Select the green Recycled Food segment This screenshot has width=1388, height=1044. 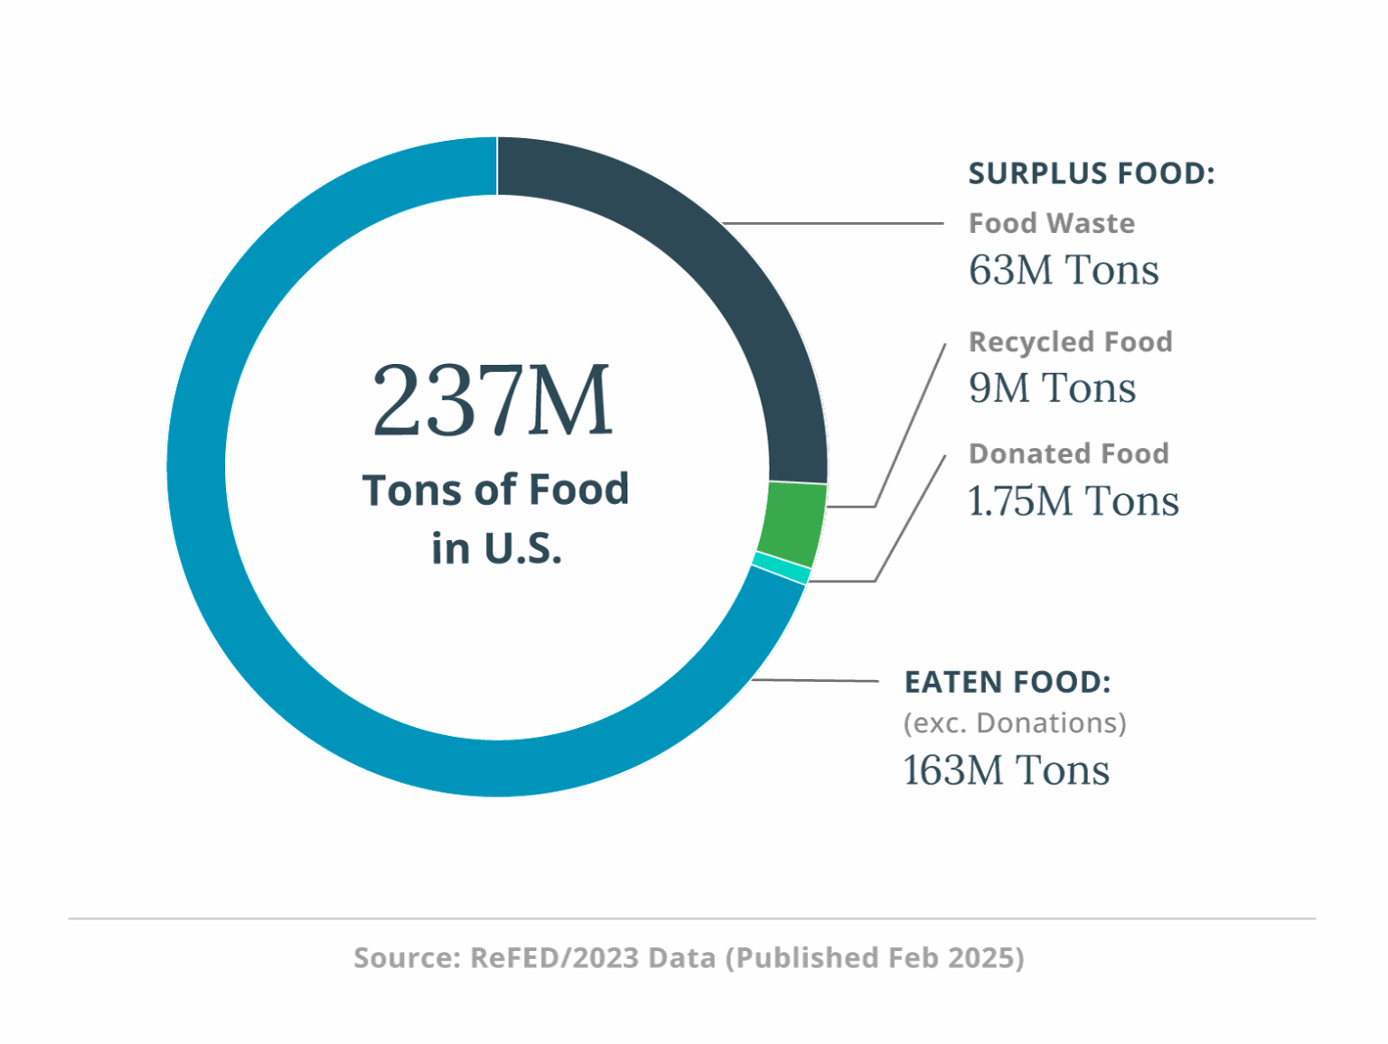tap(792, 524)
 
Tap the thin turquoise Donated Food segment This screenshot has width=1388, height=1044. tap(782, 569)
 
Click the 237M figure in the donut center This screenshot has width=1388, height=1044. tap(492, 400)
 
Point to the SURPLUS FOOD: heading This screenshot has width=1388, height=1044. tap(1091, 173)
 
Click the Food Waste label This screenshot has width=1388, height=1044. tap(1051, 223)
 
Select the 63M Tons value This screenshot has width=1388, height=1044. tap(1063, 270)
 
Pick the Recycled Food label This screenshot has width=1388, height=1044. tap(1070, 341)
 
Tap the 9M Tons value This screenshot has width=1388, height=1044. tap(1051, 388)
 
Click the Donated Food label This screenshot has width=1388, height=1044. tap(1068, 453)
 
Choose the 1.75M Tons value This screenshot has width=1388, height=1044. tap(1073, 501)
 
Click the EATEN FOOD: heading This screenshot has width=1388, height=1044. tap(1007, 682)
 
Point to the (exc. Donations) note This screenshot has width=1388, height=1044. tap(1014, 723)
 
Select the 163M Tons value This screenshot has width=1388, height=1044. tap(1006, 770)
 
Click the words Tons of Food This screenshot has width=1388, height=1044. tap(495, 490)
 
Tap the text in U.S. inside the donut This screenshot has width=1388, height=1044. tap(496, 548)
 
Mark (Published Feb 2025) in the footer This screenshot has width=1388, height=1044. tap(875, 957)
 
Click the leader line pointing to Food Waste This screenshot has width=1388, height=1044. tap(831, 223)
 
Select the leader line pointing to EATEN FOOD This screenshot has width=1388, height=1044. tap(813, 680)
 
